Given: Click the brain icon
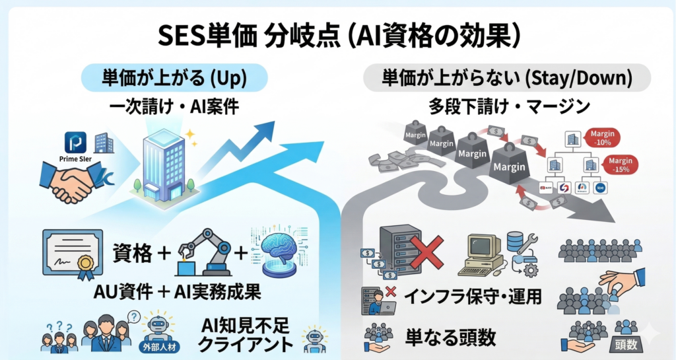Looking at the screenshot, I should pos(279,252).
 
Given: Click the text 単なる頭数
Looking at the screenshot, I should pos(450,336).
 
